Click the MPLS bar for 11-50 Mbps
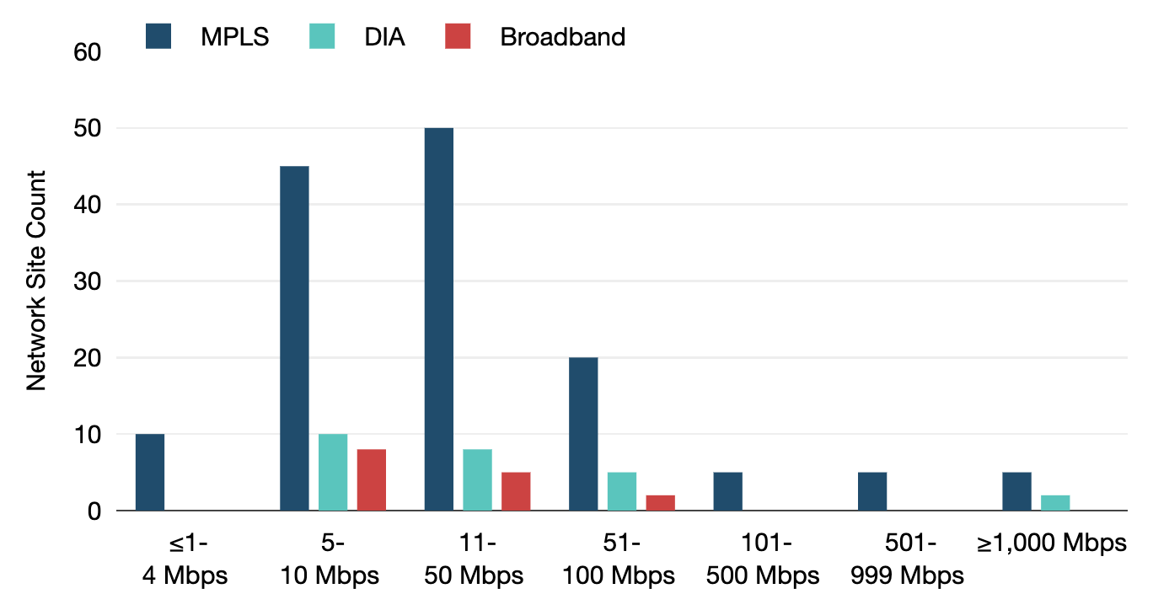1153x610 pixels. tap(438, 319)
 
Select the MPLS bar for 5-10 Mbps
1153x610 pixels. tap(294, 338)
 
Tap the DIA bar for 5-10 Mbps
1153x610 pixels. tap(333, 473)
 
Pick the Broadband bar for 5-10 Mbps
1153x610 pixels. tap(372, 480)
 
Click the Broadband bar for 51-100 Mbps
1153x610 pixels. tap(661, 503)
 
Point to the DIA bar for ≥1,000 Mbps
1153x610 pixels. tap(1055, 503)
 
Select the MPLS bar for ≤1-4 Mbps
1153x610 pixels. tap(150, 473)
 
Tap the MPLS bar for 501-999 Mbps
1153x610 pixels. tap(872, 492)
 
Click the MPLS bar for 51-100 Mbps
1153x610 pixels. tap(583, 434)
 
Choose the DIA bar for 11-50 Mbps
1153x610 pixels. tap(477, 480)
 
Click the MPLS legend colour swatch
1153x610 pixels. tap(158, 37)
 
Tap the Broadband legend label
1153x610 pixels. tap(562, 37)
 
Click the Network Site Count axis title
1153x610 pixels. tap(36, 281)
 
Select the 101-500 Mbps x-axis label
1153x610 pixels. tap(763, 559)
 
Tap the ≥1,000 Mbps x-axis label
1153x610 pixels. tap(1051, 543)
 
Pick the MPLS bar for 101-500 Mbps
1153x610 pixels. tap(727, 492)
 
